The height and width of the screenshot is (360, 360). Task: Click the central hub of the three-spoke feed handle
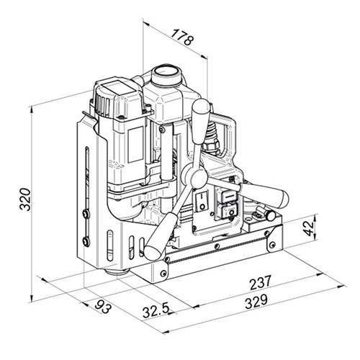(x=193, y=178)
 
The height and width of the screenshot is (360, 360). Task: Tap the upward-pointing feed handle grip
(x=201, y=115)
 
